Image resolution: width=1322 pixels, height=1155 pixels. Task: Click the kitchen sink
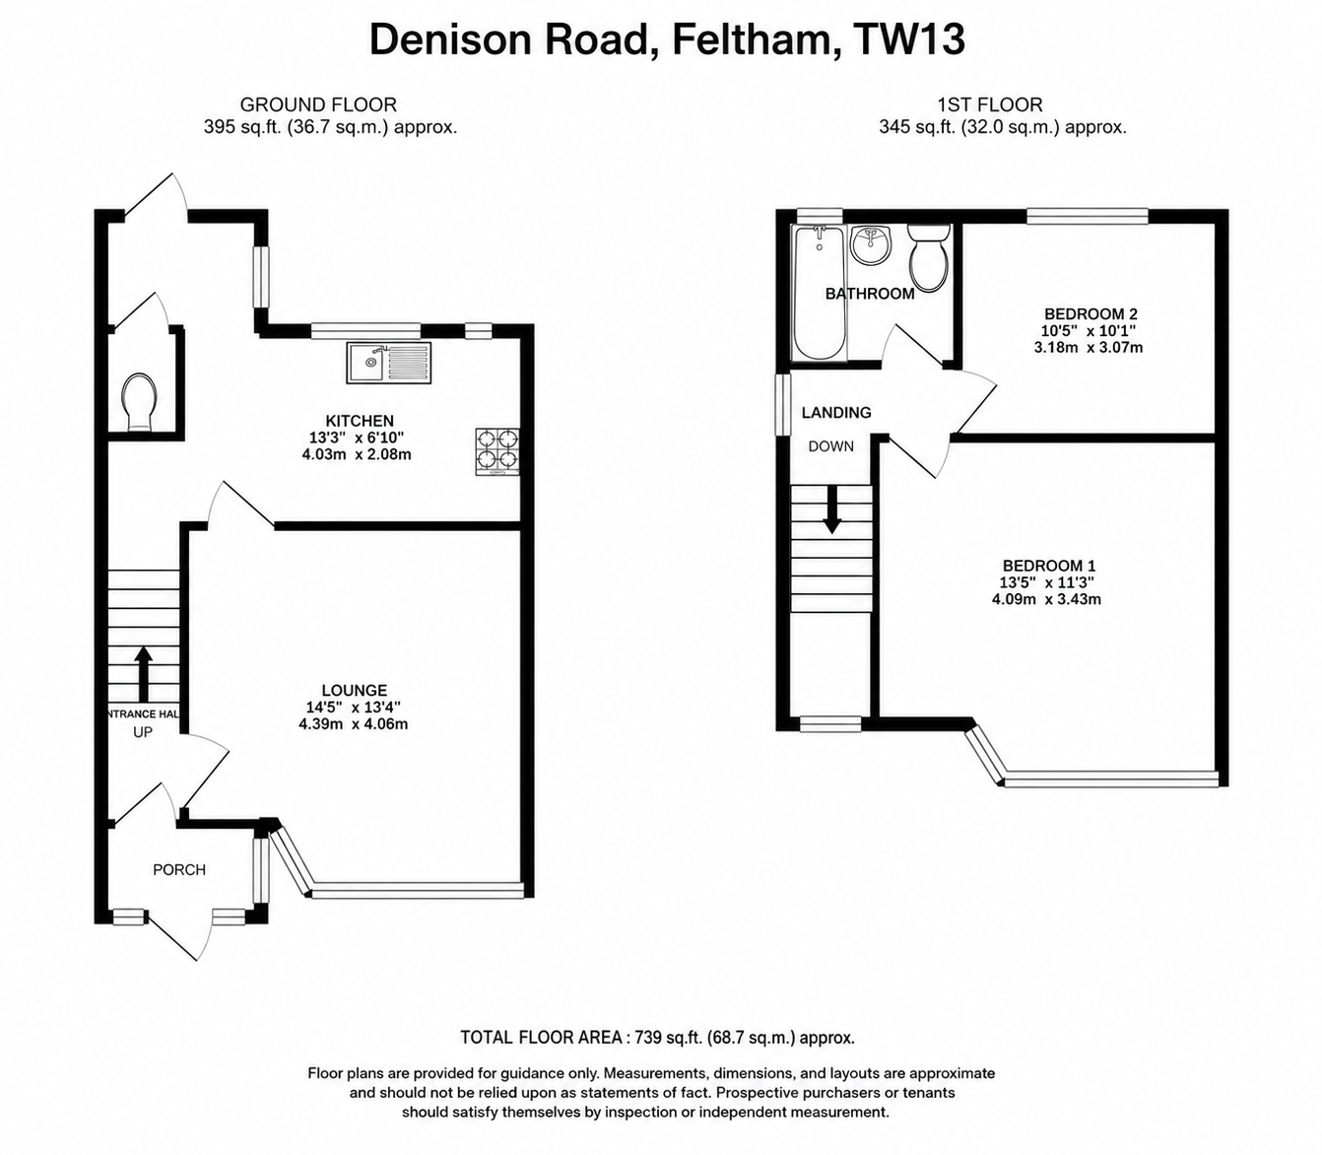[x=389, y=363]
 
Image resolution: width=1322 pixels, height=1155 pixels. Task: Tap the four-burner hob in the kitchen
[x=497, y=451]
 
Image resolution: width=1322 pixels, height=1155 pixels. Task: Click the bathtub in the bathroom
[x=820, y=292]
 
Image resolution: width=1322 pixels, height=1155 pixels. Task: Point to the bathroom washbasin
[x=872, y=245]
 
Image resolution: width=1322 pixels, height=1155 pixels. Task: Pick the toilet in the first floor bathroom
[x=928, y=257]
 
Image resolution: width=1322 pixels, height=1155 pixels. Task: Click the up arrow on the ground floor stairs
[x=144, y=674]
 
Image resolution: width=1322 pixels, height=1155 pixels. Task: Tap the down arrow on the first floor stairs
[x=831, y=509]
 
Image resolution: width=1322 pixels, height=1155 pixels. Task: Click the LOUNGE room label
[x=355, y=690]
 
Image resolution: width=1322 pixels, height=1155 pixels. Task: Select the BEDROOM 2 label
[x=1091, y=314]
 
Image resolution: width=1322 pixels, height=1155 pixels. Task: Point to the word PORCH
[x=179, y=870]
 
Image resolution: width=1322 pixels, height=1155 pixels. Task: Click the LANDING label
[x=836, y=412]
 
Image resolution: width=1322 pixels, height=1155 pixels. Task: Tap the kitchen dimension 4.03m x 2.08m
[x=357, y=454]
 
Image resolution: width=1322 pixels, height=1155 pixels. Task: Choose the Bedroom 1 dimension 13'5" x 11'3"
[x=1047, y=582]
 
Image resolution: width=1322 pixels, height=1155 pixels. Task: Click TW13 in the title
[x=910, y=40]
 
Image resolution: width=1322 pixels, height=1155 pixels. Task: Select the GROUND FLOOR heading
[x=318, y=104]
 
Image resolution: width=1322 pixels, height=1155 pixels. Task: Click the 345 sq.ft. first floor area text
[x=917, y=127]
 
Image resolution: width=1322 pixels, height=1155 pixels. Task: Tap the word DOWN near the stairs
[x=831, y=446]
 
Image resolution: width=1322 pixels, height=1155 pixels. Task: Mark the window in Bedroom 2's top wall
[x=1088, y=216]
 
